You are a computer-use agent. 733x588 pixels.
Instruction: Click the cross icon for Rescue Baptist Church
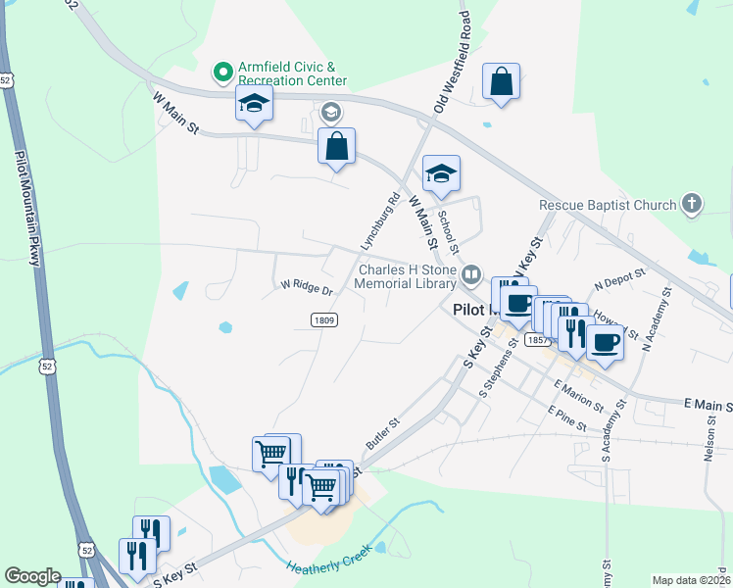(692, 205)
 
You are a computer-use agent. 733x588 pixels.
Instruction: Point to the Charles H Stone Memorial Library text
(408, 278)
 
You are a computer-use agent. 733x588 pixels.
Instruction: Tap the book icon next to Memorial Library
(471, 274)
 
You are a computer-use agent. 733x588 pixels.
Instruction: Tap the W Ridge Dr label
(307, 288)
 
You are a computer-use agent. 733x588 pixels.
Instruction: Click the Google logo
(32, 576)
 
